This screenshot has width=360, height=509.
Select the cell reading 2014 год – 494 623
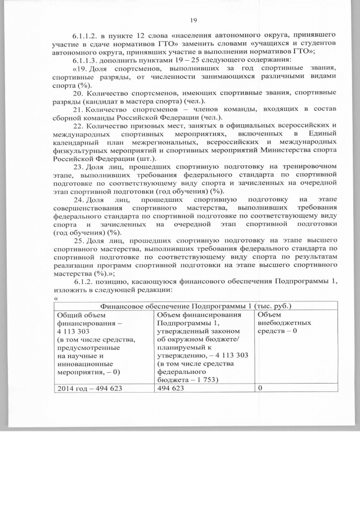pos(90,388)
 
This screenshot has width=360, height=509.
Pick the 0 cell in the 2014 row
pos(260,388)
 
